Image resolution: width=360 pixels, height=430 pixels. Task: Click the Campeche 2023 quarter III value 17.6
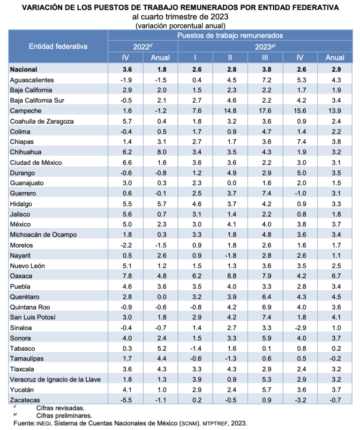point(265,111)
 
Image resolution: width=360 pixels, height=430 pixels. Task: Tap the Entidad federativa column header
point(58,46)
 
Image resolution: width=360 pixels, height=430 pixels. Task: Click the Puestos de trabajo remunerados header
point(230,35)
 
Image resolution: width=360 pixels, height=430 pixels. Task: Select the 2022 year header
point(142,46)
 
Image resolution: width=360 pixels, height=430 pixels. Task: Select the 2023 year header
point(265,46)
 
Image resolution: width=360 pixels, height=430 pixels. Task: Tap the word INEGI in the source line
point(42,423)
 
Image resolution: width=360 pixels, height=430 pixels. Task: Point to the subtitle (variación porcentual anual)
point(180,25)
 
